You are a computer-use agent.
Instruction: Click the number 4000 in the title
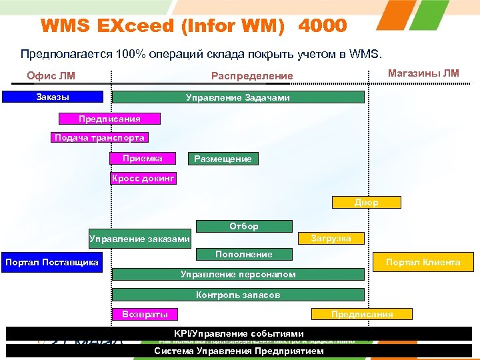pos(323,26)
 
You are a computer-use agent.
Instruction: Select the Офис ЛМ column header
pos(51,75)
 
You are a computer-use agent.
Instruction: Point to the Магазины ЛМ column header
pos(423,73)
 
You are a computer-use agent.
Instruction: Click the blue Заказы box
pos(53,97)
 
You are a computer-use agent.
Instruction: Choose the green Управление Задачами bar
pos(238,97)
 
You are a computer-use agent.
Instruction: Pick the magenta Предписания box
pos(109,119)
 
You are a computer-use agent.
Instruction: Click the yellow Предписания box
pos(362,314)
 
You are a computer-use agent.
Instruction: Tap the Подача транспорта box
pos(99,138)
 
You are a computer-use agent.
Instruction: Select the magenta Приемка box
pos(143,158)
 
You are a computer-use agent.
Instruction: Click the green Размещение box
pos(223,159)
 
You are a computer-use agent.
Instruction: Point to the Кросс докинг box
pos(143,179)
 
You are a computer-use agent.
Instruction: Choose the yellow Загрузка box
pos(333,238)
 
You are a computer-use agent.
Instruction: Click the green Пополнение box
pos(243,254)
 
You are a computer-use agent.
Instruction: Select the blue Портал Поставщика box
pos(52,262)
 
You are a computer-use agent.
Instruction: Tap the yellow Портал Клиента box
pos(423,262)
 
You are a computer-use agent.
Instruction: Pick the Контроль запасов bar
pos(238,295)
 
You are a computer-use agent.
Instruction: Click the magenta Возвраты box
pos(145,314)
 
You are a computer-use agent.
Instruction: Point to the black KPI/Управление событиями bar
pos(238,333)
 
